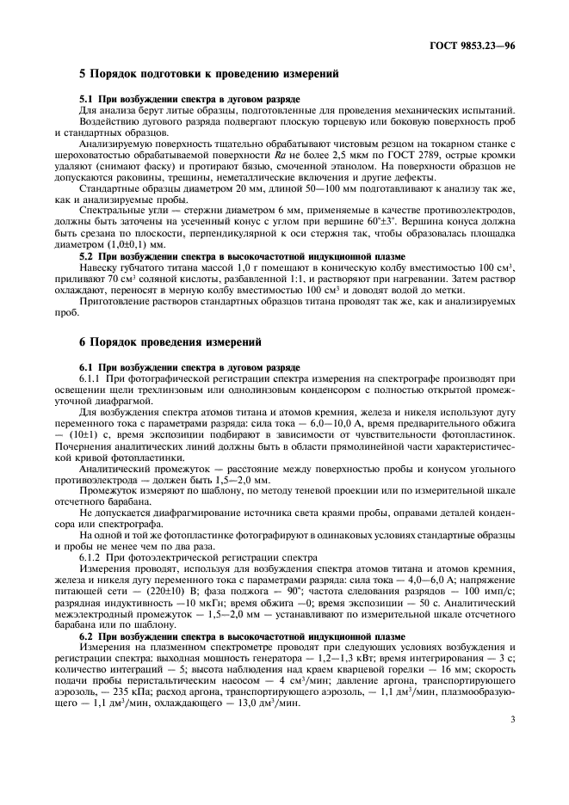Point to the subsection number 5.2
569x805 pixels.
[x=89, y=257]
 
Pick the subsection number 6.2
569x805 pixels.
[x=89, y=636]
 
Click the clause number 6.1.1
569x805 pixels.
[x=93, y=378]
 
